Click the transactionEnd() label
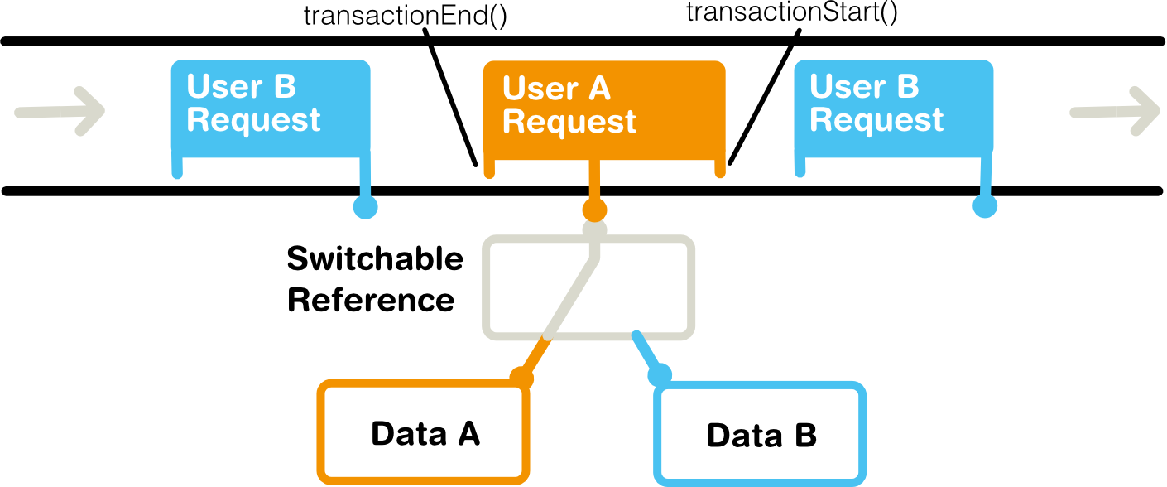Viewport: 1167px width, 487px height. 406,16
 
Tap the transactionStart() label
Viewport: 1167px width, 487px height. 792,12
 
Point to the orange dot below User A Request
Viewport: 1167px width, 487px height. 594,210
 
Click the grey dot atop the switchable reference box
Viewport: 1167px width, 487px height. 594,229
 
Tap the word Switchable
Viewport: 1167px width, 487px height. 375,258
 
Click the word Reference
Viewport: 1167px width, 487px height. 371,301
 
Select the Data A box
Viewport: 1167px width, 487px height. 424,432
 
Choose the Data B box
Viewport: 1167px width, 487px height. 760,434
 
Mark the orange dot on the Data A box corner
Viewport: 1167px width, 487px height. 521,378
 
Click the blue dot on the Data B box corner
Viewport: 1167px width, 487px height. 660,375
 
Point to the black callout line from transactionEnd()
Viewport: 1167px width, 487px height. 450,98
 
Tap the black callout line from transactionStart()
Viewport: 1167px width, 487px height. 764,98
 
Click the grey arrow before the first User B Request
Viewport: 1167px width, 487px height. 60,111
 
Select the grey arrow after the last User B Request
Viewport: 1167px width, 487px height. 1115,111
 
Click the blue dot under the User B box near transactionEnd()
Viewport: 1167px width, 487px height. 365,207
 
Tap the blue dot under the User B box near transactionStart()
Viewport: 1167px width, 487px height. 985,206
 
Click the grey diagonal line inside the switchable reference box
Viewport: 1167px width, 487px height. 570,297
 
